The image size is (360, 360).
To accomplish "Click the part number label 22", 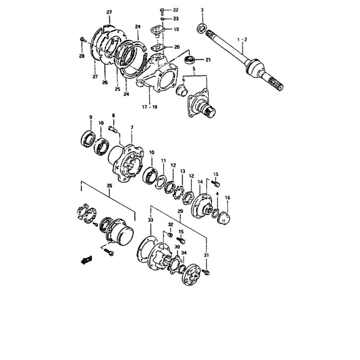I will pyautogui.click(x=175, y=10).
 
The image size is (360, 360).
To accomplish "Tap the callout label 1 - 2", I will pyautogui.click(x=242, y=40).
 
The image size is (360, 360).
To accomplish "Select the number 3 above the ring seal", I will pyautogui.click(x=202, y=10).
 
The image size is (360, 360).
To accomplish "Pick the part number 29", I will pyautogui.click(x=180, y=212).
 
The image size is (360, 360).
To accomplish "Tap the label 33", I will pyautogui.click(x=150, y=220).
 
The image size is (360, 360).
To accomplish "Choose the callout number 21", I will pyautogui.click(x=208, y=60).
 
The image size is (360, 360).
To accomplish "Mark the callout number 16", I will pyautogui.click(x=227, y=197).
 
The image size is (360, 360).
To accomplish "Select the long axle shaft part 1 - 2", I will pyautogui.click(x=242, y=62).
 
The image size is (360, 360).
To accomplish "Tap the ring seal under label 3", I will pyautogui.click(x=202, y=28).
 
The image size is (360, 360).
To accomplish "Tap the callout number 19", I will pyautogui.click(x=175, y=29).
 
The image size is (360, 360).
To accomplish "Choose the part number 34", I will pyautogui.click(x=184, y=253).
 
